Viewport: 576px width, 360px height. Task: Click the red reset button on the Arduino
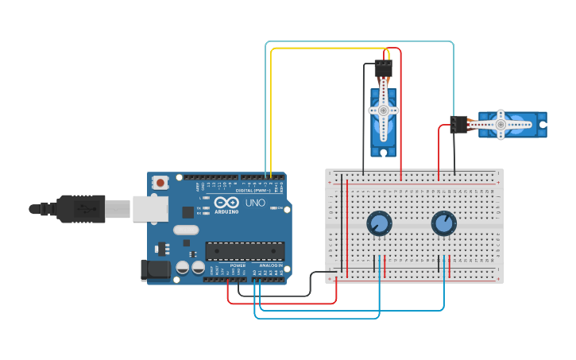coord(160,183)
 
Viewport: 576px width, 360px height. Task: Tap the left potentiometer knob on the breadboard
coord(379,224)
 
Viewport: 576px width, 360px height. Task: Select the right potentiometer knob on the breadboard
coord(443,224)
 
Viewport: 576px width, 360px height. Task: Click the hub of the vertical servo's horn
coord(383,110)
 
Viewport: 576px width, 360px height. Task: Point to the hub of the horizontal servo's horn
coord(501,124)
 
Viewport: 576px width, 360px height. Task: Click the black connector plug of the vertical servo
coord(383,68)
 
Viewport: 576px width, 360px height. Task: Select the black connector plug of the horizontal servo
coord(458,125)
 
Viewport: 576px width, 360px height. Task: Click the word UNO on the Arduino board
coord(256,203)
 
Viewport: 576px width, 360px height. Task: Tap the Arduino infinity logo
coord(226,203)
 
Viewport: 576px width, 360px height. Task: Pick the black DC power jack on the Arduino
coord(155,269)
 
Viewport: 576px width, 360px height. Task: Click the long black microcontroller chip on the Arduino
coord(245,251)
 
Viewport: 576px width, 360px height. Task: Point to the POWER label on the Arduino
coord(238,265)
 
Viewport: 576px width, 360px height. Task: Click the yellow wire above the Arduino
coord(272,111)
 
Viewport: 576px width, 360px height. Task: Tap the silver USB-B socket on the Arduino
coord(149,209)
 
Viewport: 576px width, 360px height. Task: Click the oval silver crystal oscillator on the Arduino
coord(185,230)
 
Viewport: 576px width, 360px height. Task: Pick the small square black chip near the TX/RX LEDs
coord(187,212)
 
